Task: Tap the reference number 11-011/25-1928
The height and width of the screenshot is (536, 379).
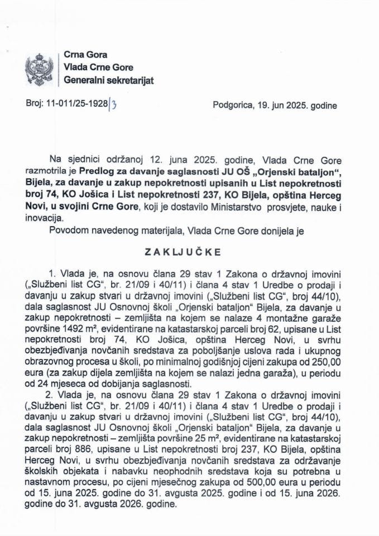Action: [78, 105]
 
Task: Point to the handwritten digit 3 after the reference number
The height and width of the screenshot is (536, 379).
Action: [113, 105]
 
